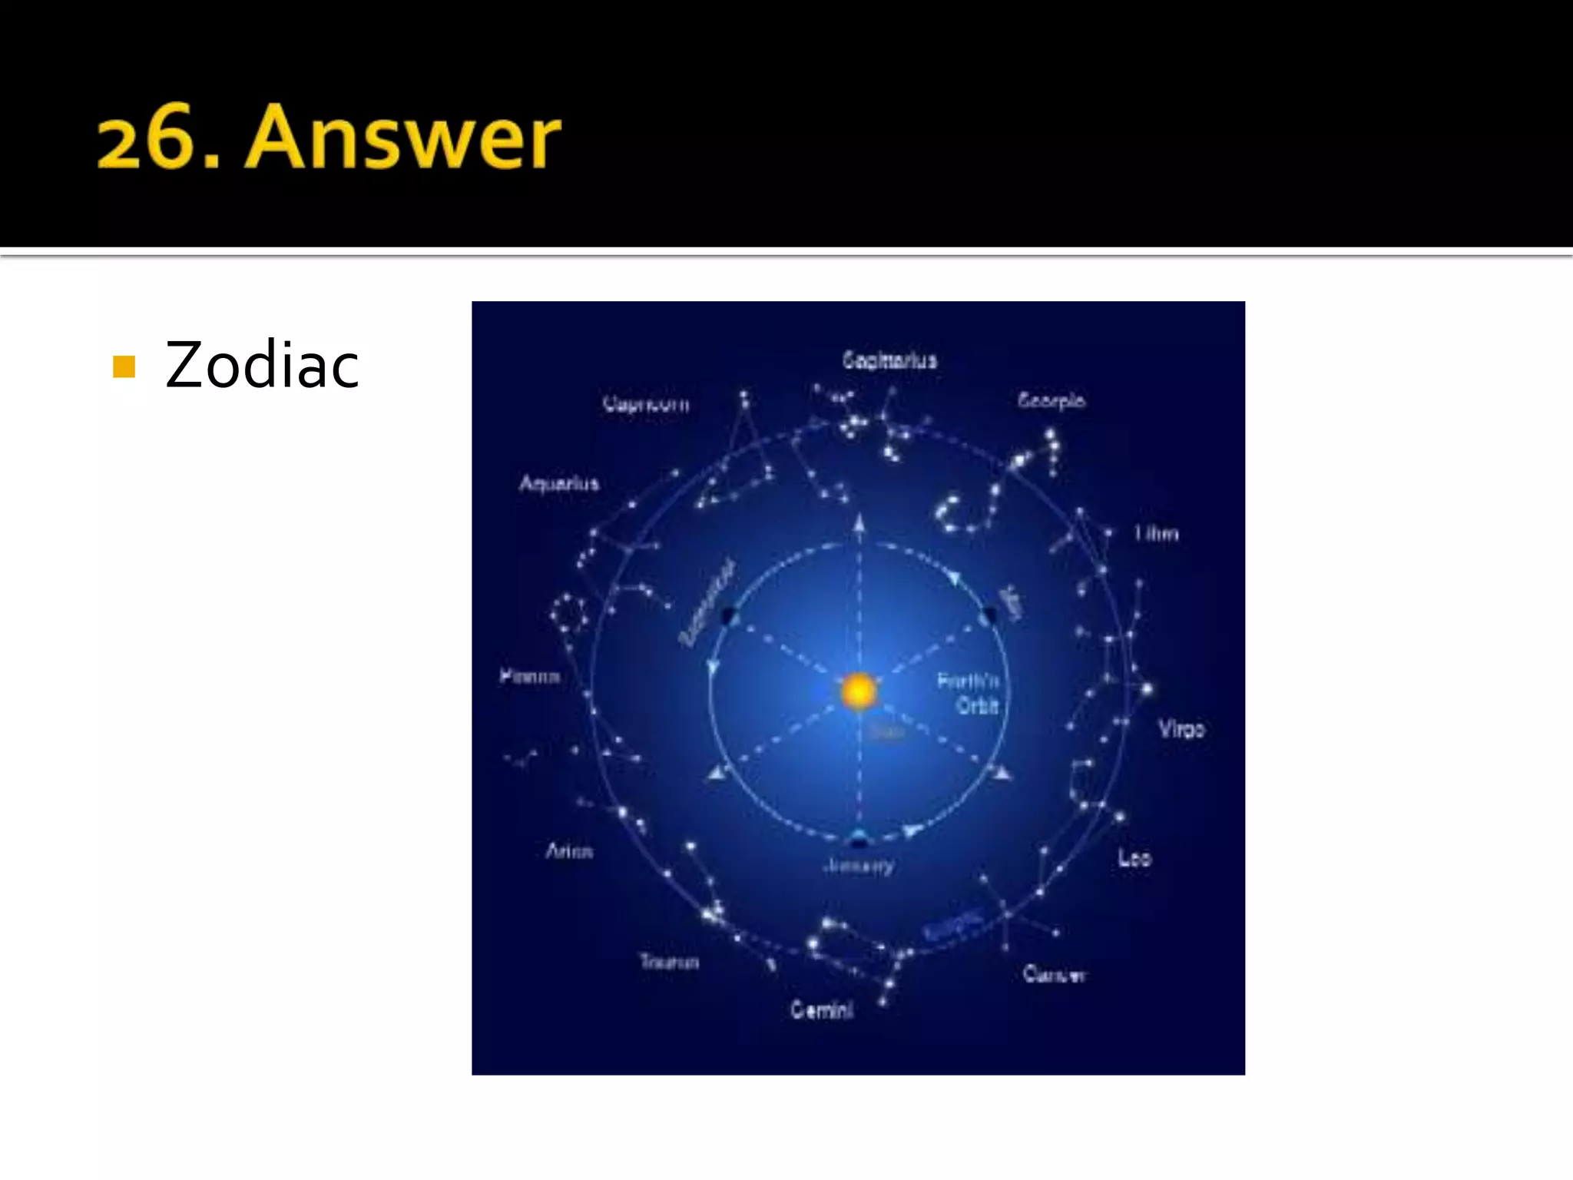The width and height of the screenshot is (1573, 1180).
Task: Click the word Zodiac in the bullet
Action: click(x=262, y=366)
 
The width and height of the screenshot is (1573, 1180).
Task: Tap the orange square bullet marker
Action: click(x=124, y=367)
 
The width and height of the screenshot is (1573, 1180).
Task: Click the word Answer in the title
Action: click(x=403, y=138)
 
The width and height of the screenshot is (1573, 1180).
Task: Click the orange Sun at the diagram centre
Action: click(x=859, y=691)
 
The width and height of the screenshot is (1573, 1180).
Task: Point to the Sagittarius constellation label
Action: click(x=889, y=360)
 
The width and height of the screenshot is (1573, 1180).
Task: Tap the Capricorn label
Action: click(x=646, y=403)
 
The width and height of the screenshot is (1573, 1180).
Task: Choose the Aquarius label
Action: click(x=558, y=483)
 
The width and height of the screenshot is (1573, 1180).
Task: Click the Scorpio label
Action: click(x=1051, y=400)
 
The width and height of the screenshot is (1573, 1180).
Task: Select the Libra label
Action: click(x=1156, y=533)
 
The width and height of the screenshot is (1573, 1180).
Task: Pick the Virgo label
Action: click(x=1181, y=728)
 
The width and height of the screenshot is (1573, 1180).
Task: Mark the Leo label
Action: click(x=1134, y=857)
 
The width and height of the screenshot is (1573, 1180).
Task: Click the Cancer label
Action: click(x=1054, y=974)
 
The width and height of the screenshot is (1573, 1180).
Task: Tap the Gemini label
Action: click(x=822, y=1009)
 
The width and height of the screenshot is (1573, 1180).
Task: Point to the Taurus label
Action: click(x=670, y=962)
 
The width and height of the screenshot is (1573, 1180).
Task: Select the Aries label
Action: click(x=569, y=851)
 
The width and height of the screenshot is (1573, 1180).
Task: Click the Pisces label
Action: click(x=530, y=676)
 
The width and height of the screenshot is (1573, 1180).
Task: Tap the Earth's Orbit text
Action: click(x=969, y=693)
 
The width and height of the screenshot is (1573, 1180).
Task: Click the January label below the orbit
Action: click(x=859, y=866)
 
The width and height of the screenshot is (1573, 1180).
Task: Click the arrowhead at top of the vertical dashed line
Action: click(x=859, y=524)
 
